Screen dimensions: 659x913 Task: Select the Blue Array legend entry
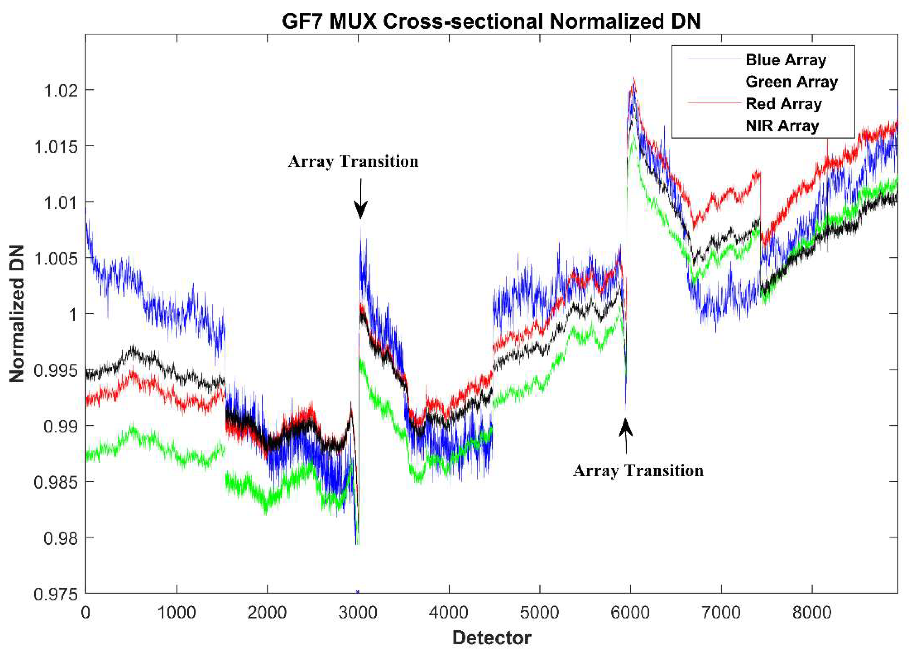click(785, 60)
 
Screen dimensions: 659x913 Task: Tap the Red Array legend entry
click(783, 104)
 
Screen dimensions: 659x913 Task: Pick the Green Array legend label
click(791, 82)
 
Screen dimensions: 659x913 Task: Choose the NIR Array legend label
click(782, 126)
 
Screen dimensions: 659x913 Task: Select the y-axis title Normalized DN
click(17, 314)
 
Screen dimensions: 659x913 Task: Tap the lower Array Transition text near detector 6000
click(638, 471)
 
